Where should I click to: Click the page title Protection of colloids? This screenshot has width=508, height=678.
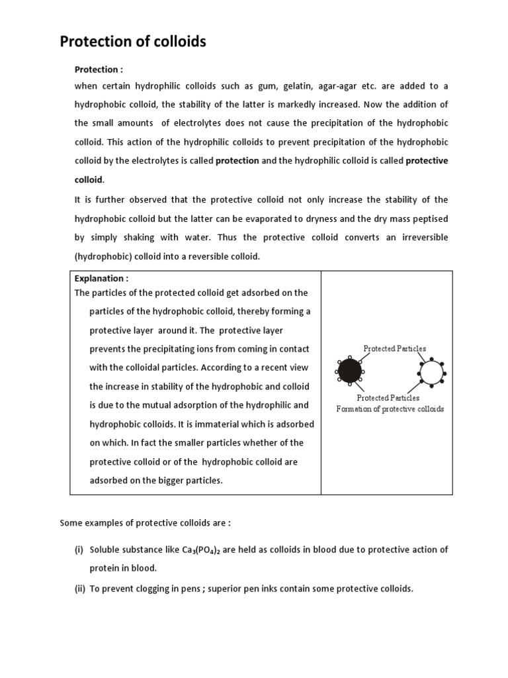[x=133, y=42]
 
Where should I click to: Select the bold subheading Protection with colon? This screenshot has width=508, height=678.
[x=99, y=69]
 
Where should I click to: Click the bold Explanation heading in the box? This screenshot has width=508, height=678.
[x=101, y=279]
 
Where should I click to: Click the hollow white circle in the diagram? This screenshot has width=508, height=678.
[x=431, y=373]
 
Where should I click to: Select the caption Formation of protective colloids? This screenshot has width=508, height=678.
[x=390, y=409]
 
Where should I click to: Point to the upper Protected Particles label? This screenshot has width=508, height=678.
[x=395, y=348]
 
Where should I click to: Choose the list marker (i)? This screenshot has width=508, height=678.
[x=79, y=550]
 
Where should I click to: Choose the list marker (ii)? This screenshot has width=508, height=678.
[x=79, y=588]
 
